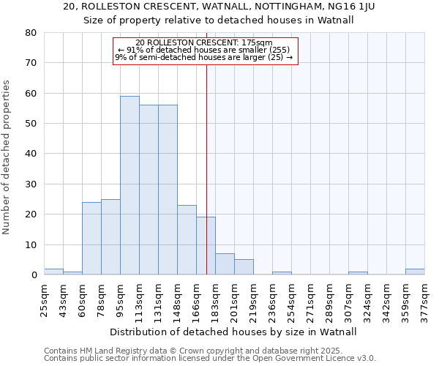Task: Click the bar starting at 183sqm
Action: (225, 264)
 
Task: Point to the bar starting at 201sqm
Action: (244, 267)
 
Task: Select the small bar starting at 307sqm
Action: (358, 273)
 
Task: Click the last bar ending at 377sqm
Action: (415, 272)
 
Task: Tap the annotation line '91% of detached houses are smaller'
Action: (206, 50)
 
